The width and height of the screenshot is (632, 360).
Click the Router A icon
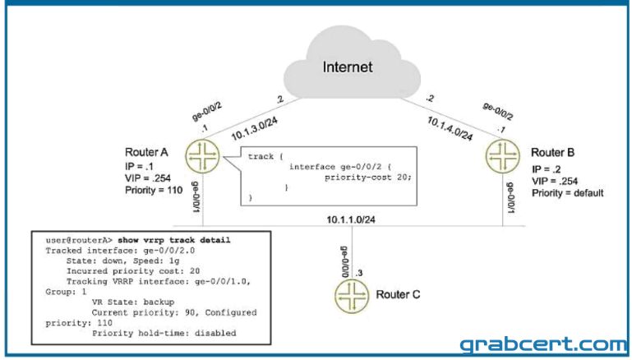(x=202, y=156)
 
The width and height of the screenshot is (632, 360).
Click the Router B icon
(x=503, y=156)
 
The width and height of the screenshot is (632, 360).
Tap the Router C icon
(x=352, y=297)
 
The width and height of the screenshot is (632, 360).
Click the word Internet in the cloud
(x=348, y=67)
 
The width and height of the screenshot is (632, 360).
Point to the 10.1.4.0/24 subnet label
(x=450, y=128)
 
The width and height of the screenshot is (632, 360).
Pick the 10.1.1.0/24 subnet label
(x=351, y=219)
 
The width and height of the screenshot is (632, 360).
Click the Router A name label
(x=146, y=152)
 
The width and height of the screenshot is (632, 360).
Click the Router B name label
(x=552, y=153)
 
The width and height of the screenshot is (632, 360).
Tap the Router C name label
(x=398, y=295)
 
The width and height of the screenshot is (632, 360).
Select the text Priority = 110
(x=154, y=190)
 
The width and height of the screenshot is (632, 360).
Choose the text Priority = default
(x=568, y=193)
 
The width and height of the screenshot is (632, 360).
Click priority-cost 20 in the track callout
(x=368, y=178)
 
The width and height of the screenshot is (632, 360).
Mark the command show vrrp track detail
(x=174, y=240)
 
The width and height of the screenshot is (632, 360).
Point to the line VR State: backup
(x=133, y=302)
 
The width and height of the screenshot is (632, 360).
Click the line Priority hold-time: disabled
(x=164, y=334)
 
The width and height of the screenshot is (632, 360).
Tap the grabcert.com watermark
(x=543, y=344)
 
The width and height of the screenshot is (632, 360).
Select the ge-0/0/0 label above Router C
(x=345, y=261)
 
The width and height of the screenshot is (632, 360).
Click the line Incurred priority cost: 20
(x=133, y=271)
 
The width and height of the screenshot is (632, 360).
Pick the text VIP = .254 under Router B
(x=555, y=181)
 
